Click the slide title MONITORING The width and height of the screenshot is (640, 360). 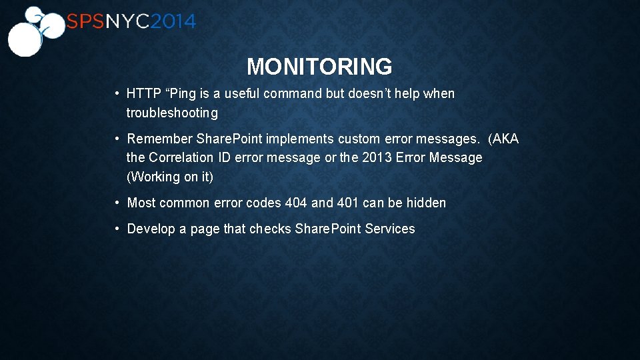pyautogui.click(x=319, y=67)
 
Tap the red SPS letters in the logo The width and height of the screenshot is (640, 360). pyautogui.click(x=85, y=22)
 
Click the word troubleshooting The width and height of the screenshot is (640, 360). pyautogui.click(x=172, y=113)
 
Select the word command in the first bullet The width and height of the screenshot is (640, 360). pyautogui.click(x=293, y=94)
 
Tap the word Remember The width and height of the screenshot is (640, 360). pyautogui.click(x=160, y=139)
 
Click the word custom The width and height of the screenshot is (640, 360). pyautogui.click(x=359, y=139)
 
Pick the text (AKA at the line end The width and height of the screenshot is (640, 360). pyautogui.click(x=503, y=139)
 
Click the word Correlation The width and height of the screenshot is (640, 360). pyautogui.click(x=181, y=158)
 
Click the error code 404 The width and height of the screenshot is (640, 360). pyautogui.click(x=296, y=203)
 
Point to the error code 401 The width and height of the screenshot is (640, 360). pyautogui.click(x=347, y=203)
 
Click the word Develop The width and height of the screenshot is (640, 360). pyautogui.click(x=151, y=229)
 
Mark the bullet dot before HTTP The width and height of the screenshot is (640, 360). pyautogui.click(x=117, y=94)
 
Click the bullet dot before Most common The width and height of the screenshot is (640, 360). pyautogui.click(x=117, y=203)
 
